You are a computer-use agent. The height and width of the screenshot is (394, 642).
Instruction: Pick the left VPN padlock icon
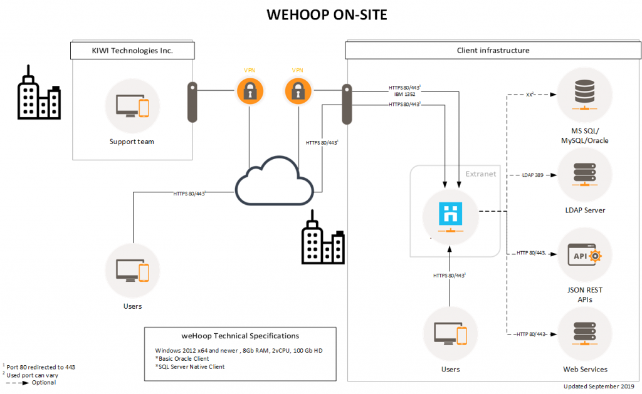pyautogui.click(x=250, y=91)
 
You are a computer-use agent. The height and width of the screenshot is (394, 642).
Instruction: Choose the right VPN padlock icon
pyautogui.click(x=298, y=91)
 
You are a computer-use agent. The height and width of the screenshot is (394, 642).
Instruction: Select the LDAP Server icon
pyautogui.click(x=584, y=173)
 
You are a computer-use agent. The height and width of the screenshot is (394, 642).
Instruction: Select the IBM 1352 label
pyautogui.click(x=402, y=93)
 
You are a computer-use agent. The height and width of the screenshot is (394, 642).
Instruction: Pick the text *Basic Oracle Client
pyautogui.click(x=182, y=358)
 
